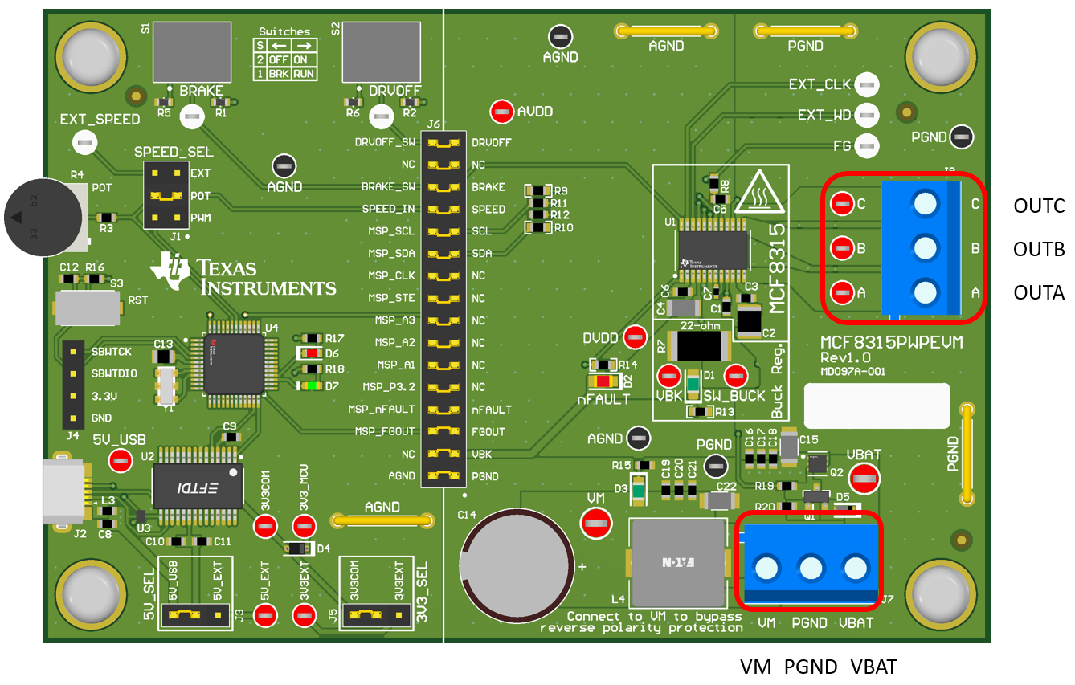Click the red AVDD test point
(503, 112)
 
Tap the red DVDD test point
(636, 337)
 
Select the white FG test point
(866, 146)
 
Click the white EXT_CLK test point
(866, 84)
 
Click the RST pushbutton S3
(86, 307)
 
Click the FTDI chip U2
(198, 485)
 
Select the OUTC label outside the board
(1038, 206)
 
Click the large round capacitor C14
(517, 557)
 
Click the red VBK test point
(668, 375)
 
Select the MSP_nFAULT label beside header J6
(381, 410)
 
